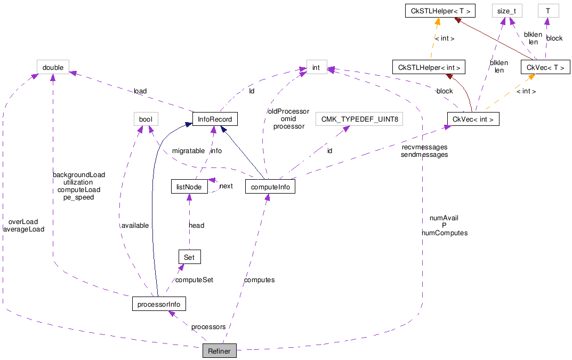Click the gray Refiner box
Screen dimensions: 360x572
tap(219, 351)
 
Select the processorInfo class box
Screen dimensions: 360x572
tap(159, 305)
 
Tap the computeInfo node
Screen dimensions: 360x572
tap(270, 187)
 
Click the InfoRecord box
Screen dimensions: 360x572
tap(215, 119)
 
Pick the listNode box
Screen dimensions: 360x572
tap(189, 187)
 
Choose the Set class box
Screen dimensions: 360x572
tap(189, 257)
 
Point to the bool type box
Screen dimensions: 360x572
tap(146, 119)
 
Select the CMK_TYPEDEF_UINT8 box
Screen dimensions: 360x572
tap(359, 119)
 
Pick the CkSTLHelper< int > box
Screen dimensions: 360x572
tap(429, 67)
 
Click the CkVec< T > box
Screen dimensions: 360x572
tap(545, 67)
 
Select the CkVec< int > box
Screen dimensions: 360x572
tap(473, 119)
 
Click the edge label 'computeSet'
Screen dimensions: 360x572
tap(195, 280)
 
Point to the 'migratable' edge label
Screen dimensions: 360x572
tap(188, 151)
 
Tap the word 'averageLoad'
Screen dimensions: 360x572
tap(23, 229)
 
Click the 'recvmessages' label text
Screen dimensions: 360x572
tap(424, 147)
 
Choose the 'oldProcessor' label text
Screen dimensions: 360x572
tap(288, 111)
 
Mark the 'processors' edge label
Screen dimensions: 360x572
tap(208, 327)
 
